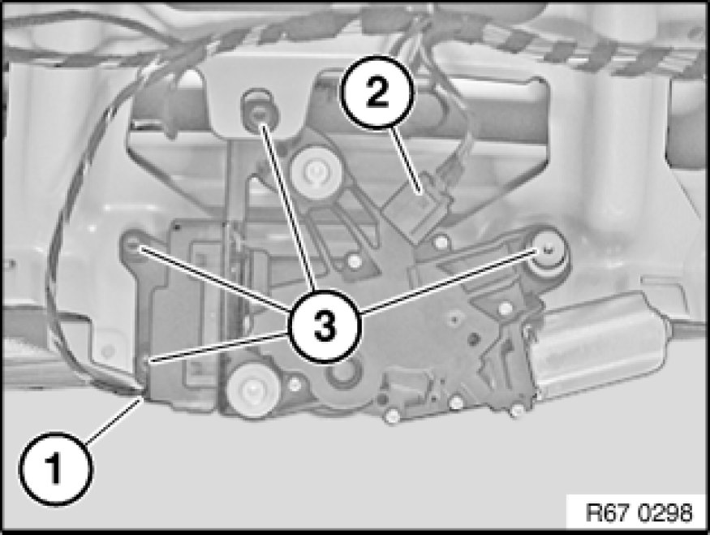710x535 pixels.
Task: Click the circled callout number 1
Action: pyautogui.click(x=56, y=469)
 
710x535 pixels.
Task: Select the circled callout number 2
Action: pyautogui.click(x=377, y=93)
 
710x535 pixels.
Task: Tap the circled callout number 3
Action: pyautogui.click(x=325, y=326)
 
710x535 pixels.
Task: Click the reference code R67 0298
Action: pyautogui.click(x=639, y=513)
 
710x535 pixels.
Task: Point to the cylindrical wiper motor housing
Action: pyautogui.click(x=598, y=345)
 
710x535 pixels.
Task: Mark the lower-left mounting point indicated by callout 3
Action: pyautogui.click(x=146, y=362)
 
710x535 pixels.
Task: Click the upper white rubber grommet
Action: pyautogui.click(x=315, y=170)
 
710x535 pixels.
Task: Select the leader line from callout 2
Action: pyautogui.click(x=407, y=160)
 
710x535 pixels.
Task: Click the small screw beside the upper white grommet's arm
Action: pyautogui.click(x=355, y=261)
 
